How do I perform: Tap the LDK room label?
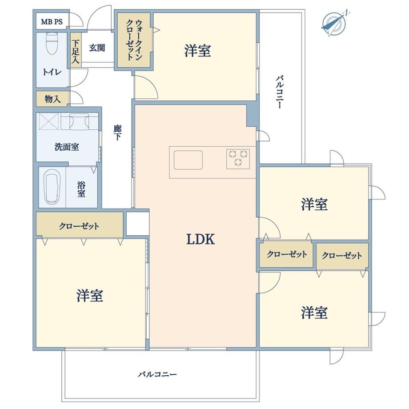point(200,240)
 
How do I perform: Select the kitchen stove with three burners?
point(238,158)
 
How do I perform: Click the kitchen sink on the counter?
point(188,160)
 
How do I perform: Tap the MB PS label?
point(52,21)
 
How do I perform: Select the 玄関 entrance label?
point(97,48)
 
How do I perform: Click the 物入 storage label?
point(52,99)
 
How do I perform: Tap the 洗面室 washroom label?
point(67,147)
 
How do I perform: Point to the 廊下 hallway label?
point(117,133)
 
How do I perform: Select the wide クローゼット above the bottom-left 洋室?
point(79,226)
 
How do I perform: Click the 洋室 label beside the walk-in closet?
point(197,51)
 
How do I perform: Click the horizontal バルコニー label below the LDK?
point(157,374)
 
